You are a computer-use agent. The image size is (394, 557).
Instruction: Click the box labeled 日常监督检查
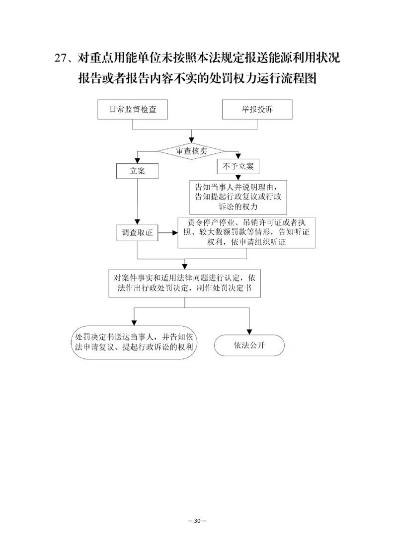[x=133, y=109]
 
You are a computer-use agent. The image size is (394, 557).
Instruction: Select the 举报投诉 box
[x=257, y=109]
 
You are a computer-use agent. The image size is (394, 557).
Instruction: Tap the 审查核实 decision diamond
[x=192, y=151]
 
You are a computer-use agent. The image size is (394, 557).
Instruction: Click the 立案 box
[x=137, y=171]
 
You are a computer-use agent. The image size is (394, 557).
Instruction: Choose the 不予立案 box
[x=238, y=166]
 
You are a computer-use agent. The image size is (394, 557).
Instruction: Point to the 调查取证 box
[x=137, y=233]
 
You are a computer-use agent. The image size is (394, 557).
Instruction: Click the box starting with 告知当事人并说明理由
[x=238, y=197]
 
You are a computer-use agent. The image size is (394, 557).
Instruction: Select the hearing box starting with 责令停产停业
[x=246, y=232]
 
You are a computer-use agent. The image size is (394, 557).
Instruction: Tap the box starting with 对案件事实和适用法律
[x=184, y=283]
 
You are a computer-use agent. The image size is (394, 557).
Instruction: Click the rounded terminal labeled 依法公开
[x=249, y=346]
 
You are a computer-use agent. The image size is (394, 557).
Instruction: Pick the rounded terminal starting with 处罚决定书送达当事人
[x=134, y=342]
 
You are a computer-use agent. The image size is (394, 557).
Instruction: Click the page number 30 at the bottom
[x=197, y=521]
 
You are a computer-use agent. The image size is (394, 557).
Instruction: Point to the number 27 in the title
[x=60, y=58]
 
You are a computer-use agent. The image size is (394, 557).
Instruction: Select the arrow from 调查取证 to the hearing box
[x=168, y=233]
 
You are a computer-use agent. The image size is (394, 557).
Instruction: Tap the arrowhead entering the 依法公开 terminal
[x=249, y=332]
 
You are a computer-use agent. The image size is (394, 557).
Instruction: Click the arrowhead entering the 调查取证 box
[x=137, y=222]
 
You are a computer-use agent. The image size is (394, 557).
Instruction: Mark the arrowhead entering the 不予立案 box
[x=238, y=156]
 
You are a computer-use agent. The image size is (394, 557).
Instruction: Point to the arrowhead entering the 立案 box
[x=137, y=160]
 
